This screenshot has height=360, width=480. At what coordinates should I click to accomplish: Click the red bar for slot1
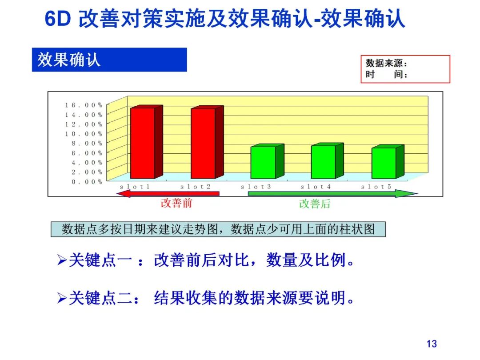coord(142,143)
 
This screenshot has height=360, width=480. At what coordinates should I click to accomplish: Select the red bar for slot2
coord(203,143)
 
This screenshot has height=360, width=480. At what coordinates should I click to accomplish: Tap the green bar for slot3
coord(263,162)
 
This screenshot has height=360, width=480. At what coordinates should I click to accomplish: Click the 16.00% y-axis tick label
coord(84,105)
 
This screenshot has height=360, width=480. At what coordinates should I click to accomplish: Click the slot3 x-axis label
coord(256,187)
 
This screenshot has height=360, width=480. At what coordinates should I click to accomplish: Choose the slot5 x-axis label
coord(376,187)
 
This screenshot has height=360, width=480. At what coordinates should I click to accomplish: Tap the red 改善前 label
coord(176,203)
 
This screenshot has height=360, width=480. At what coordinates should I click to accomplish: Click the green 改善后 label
coord(315,204)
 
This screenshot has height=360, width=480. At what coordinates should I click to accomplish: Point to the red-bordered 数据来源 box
coord(405,69)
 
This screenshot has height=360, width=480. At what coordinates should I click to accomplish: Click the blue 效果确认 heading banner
coord(109,60)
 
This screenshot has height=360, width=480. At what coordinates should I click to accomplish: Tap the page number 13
coord(431,344)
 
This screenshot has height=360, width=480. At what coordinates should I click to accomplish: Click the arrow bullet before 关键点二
coord(62,298)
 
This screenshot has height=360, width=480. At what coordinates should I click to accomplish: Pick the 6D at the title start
coord(58,20)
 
